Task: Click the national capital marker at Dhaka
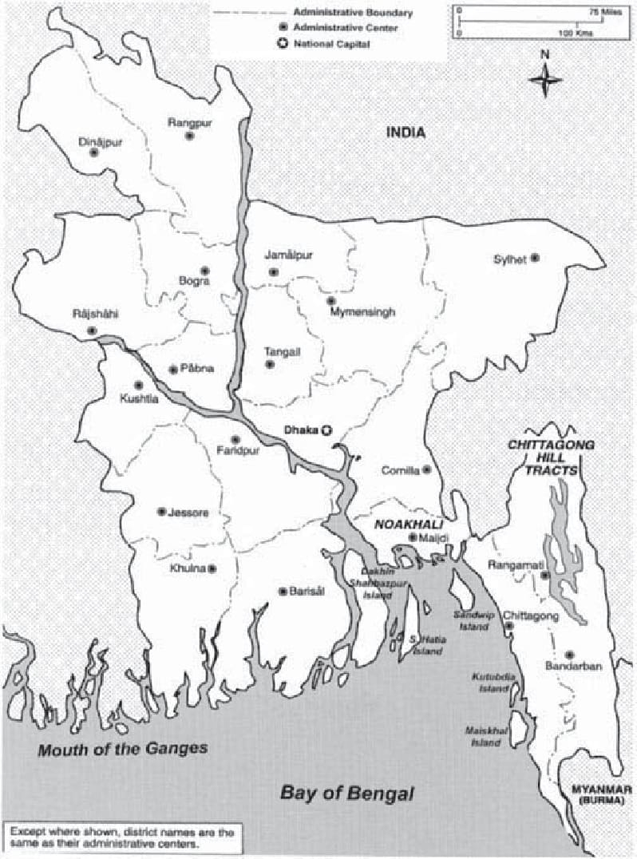click(x=326, y=430)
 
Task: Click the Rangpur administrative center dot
click(x=190, y=136)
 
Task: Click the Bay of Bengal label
click(x=348, y=794)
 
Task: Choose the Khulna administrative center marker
click(x=212, y=568)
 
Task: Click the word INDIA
click(x=406, y=133)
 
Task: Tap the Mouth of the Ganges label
click(x=123, y=749)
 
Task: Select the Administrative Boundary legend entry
click(x=352, y=13)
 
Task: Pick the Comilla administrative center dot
click(x=427, y=469)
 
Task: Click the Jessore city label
click(x=188, y=513)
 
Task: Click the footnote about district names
click(x=122, y=837)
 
